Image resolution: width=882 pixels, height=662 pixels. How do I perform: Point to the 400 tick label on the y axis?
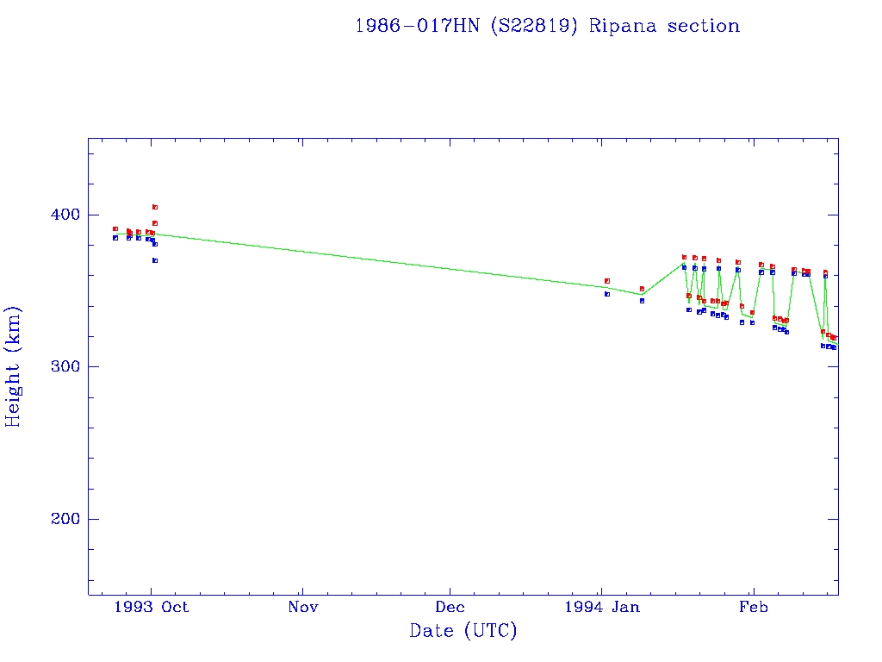point(65,215)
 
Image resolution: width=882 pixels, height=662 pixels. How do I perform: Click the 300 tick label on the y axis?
point(65,367)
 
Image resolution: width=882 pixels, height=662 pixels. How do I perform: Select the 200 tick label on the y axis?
point(65,519)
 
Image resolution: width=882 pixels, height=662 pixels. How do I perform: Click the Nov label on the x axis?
point(303,607)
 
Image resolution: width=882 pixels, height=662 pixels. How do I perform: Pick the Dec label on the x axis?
point(450,607)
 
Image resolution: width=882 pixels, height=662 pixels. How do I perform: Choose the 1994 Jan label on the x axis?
point(602,607)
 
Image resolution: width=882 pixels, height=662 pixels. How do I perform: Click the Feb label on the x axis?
point(753,607)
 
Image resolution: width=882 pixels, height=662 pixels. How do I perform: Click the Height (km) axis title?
point(14,366)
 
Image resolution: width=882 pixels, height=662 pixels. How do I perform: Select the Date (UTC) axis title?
point(463,631)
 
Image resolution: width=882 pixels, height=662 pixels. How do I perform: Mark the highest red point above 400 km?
point(155,207)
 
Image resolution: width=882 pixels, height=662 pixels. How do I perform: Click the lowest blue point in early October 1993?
point(155,260)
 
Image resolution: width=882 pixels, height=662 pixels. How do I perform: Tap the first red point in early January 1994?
point(607,281)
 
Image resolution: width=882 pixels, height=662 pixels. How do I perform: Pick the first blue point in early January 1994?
point(607,294)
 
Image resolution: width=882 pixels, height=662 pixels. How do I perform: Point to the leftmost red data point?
point(115,229)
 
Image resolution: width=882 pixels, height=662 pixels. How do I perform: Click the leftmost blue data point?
point(115,238)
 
